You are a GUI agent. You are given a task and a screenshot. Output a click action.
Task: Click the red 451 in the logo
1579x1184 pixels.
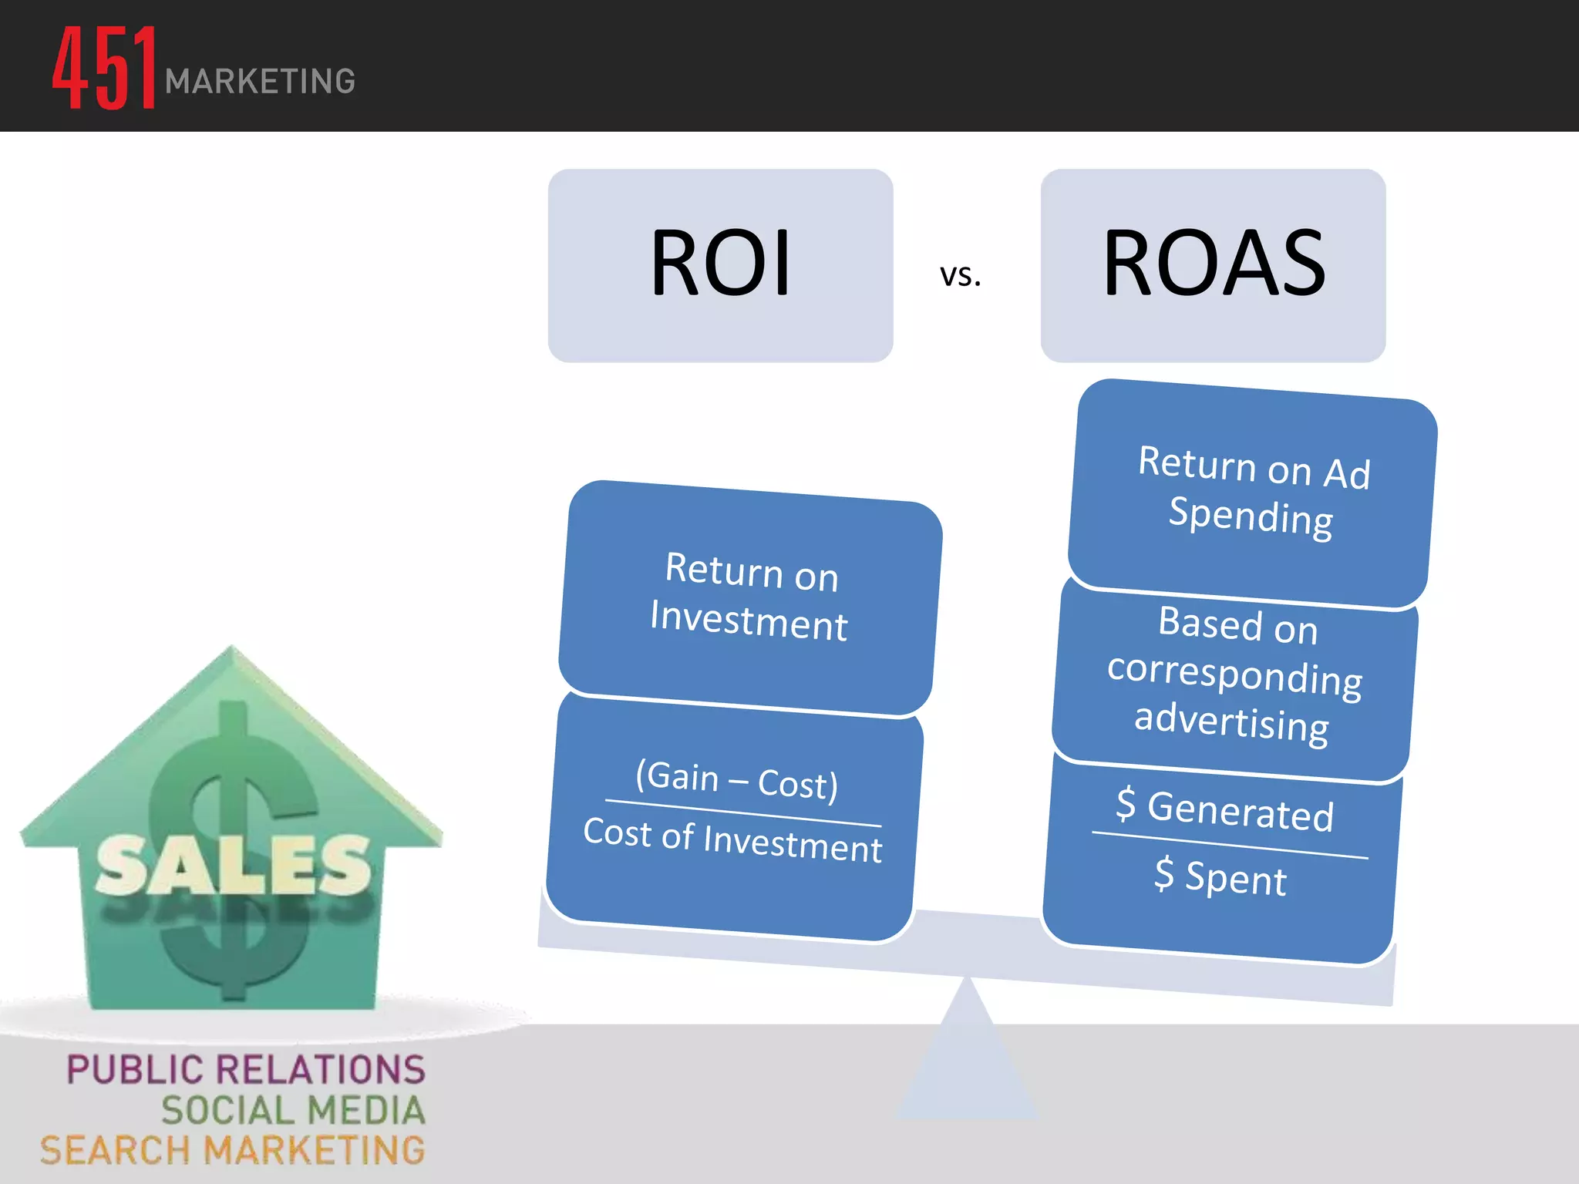click(x=105, y=68)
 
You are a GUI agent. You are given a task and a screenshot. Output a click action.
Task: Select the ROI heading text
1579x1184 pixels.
click(x=720, y=264)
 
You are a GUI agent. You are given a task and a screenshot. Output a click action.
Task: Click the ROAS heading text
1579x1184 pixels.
click(x=1214, y=264)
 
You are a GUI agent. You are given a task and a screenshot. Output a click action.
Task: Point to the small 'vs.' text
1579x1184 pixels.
click(x=960, y=275)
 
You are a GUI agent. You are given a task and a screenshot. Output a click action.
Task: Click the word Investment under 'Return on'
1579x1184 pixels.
click(x=748, y=621)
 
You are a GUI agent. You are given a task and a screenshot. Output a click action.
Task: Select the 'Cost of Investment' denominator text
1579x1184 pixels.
click(x=732, y=840)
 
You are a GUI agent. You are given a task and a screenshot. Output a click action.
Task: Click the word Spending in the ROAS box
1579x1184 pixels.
click(x=1250, y=516)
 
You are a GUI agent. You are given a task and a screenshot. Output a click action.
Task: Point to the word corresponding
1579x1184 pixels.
click(x=1234, y=674)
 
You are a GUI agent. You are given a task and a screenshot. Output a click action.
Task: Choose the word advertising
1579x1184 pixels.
click(x=1231, y=721)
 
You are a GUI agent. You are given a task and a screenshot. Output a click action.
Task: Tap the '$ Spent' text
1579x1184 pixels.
click(x=1220, y=877)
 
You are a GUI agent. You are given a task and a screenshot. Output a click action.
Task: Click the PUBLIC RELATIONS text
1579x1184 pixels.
click(x=245, y=1070)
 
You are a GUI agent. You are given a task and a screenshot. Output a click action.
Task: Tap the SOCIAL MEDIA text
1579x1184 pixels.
click(x=293, y=1111)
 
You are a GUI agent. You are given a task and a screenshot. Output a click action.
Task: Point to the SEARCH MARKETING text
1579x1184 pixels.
click(x=232, y=1151)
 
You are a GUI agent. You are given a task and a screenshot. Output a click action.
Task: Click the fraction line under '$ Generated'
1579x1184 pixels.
click(x=1230, y=845)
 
